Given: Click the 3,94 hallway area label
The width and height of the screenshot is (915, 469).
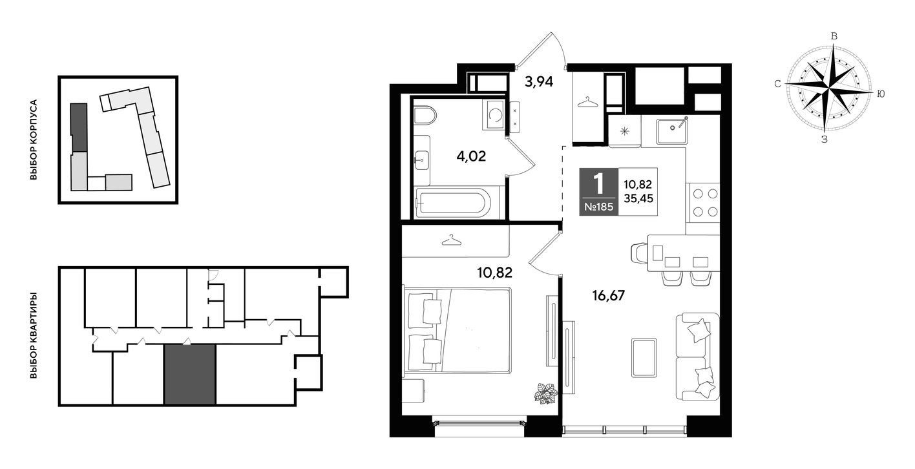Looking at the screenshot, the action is (x=539, y=82).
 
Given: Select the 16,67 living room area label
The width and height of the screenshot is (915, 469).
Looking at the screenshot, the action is (x=609, y=295).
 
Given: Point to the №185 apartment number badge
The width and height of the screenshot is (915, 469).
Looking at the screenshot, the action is (x=598, y=207).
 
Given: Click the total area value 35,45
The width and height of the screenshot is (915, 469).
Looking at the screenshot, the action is (x=638, y=198).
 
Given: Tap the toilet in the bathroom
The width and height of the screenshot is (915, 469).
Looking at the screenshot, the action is (x=425, y=115).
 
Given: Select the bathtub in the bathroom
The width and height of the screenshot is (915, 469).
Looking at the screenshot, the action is (x=452, y=203).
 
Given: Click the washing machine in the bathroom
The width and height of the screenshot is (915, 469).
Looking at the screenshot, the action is (x=494, y=115).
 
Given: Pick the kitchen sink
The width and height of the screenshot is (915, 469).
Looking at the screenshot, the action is (x=672, y=130).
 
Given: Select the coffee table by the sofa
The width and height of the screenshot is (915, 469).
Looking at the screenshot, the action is (x=644, y=357).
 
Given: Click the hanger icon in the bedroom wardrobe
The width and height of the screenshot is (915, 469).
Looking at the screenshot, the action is (x=451, y=240).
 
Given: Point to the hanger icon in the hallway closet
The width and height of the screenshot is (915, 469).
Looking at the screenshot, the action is (x=587, y=102).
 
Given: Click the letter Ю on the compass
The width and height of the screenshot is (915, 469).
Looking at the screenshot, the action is (x=881, y=94).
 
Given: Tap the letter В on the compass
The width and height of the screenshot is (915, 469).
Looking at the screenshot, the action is (x=834, y=36).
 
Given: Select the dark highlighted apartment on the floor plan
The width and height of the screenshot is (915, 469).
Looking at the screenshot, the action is (x=189, y=374).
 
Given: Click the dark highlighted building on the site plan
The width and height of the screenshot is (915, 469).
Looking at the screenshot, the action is (x=79, y=127).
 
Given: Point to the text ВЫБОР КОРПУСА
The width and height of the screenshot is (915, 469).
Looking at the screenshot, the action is (x=34, y=140).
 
